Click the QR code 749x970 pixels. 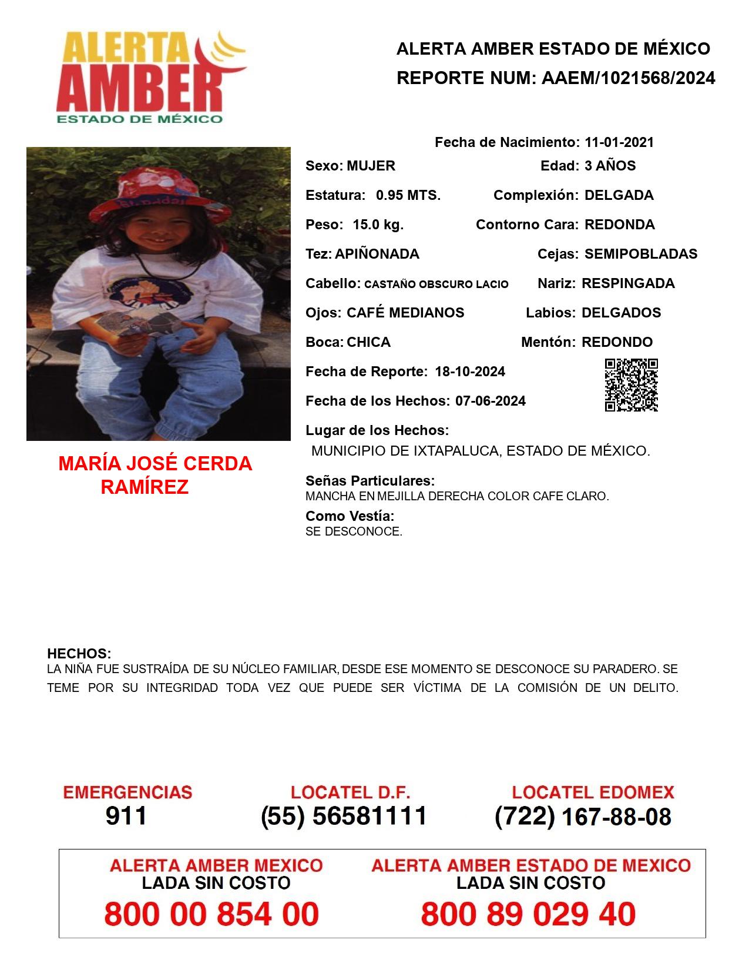631,385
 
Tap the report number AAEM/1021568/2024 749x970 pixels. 628,78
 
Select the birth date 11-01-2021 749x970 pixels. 619,142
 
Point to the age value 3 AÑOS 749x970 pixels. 610,166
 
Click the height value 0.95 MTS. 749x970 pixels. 408,195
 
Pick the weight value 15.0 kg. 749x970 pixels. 378,225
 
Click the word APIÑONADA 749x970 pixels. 377,254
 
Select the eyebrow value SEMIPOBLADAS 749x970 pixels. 641,254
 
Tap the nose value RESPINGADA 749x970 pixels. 628,283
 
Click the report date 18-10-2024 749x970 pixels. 470,372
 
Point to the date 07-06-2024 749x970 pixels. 491,401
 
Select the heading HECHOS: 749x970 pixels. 79,654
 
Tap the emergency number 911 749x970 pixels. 126,816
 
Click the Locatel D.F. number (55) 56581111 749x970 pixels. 344,816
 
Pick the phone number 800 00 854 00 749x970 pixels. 211,914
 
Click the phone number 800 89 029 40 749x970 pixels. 528,914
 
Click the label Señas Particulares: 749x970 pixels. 370,481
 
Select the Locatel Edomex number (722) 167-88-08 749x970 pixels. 583,817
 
